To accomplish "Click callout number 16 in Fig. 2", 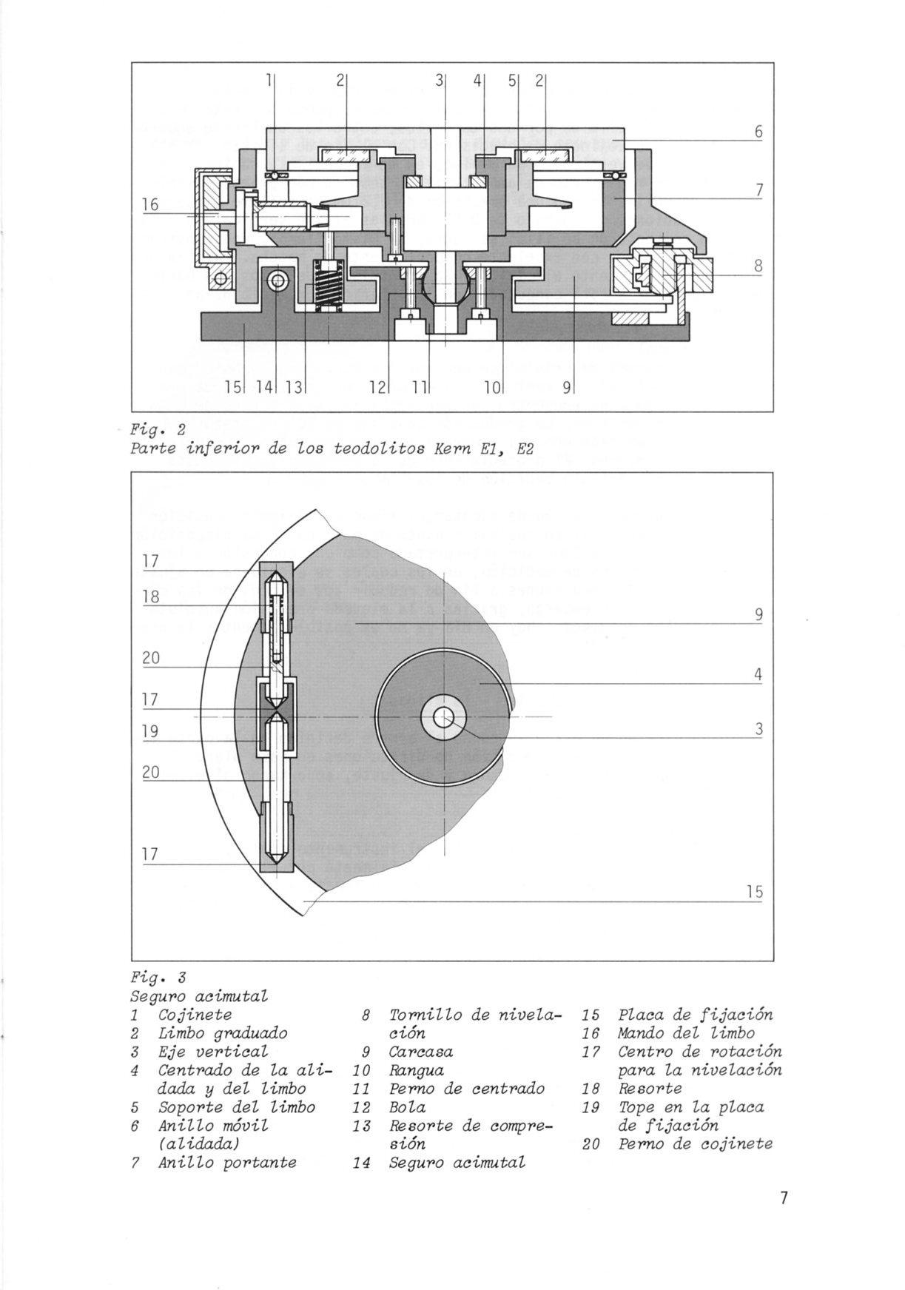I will pos(150,204).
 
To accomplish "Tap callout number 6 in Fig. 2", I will pos(758,132).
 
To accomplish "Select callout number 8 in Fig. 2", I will pos(758,265).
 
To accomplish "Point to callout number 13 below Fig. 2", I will pos(293,386).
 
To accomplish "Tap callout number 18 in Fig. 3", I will pos(151,597).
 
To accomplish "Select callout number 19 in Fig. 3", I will pos(151,731).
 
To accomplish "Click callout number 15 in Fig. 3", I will pos(753,893).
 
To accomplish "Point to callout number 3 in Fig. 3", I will pos(758,729).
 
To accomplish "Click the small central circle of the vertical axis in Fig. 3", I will pos(444,717).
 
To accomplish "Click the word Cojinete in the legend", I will pos(195,1015).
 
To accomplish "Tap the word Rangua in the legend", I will pos(416,1070).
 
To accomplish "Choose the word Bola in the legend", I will pos(407,1107).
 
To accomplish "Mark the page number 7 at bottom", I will pos(784,1197).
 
